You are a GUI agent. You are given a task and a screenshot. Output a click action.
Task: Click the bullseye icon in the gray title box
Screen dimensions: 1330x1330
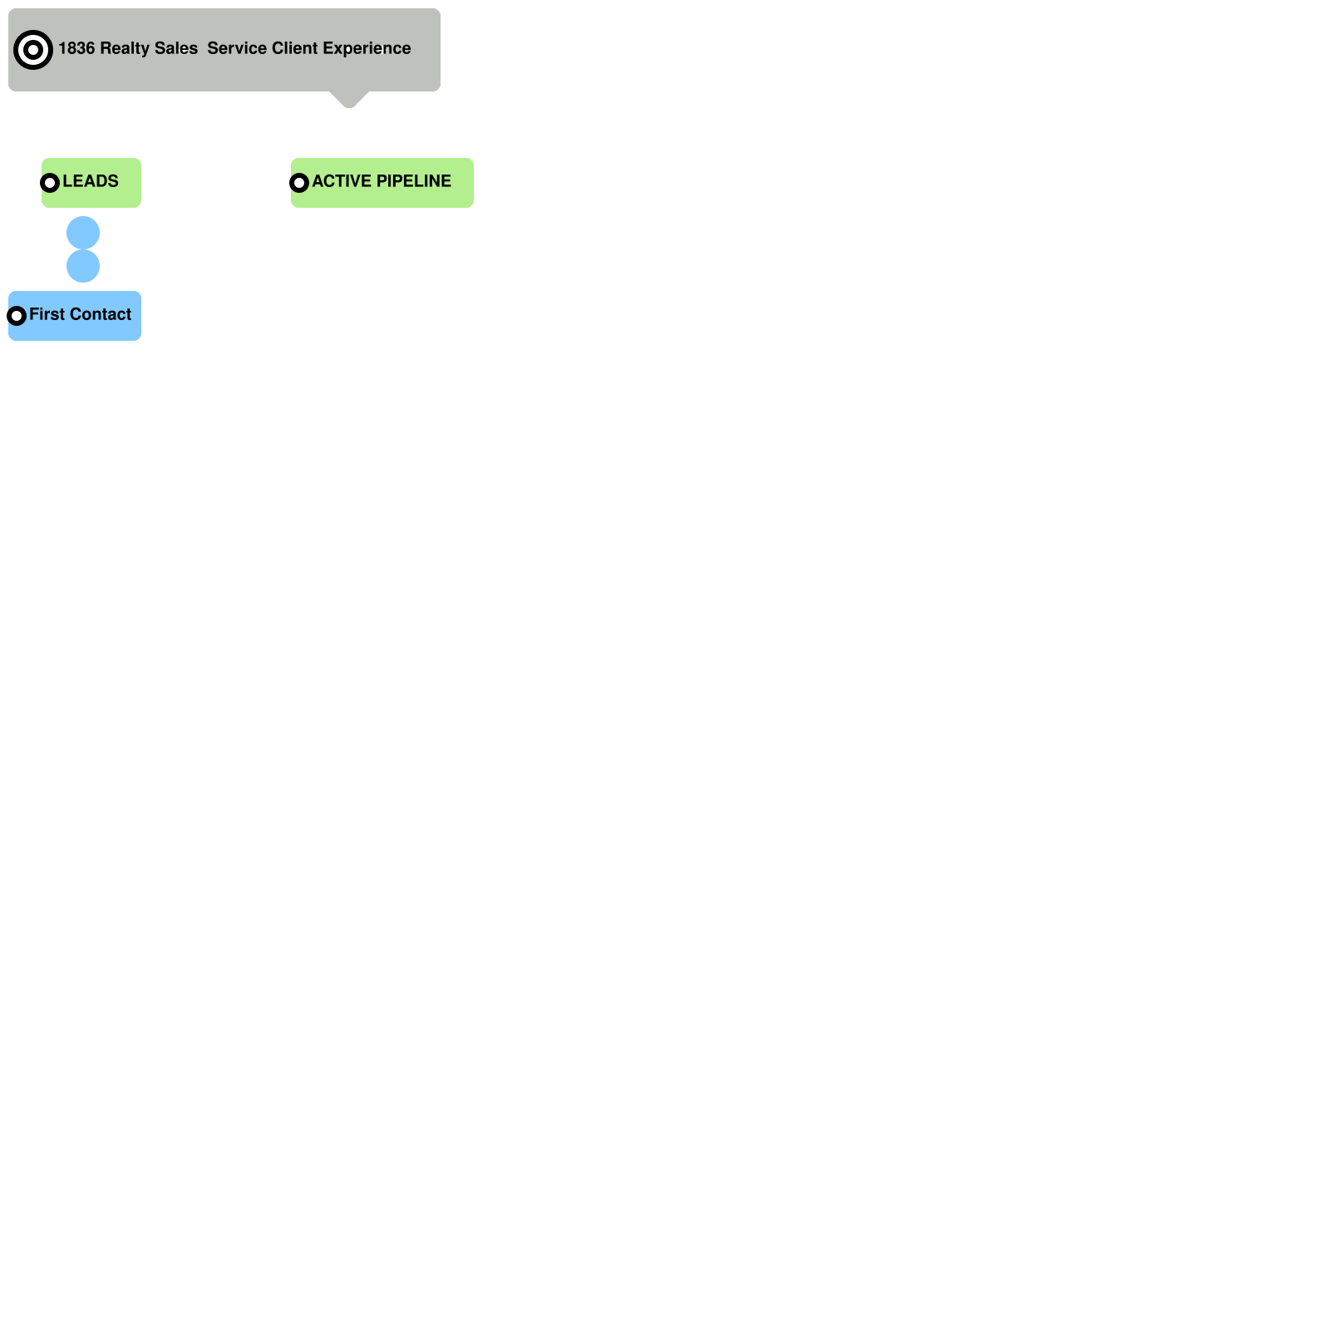pyautogui.click(x=33, y=50)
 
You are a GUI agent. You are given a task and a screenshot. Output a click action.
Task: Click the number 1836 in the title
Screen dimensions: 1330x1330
pyautogui.click(x=76, y=48)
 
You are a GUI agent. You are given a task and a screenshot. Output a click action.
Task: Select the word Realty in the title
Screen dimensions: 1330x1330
pyautogui.click(x=125, y=48)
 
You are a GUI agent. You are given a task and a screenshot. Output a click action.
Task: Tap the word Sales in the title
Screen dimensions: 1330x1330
pyautogui.click(x=176, y=48)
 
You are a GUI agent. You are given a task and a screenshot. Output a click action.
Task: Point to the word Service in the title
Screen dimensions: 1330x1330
pyautogui.click(x=237, y=48)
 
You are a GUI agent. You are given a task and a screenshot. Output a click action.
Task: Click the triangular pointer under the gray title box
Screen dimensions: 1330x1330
pyautogui.click(x=349, y=99)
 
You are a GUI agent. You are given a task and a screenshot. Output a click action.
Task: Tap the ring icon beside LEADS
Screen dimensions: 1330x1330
pyautogui.click(x=50, y=183)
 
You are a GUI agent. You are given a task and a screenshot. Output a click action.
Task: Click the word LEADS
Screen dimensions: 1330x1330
pyautogui.click(x=91, y=181)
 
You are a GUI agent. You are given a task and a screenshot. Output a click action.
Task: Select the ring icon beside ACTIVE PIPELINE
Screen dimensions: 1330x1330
pyautogui.click(x=299, y=183)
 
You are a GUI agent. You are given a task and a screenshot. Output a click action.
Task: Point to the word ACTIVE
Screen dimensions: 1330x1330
pyautogui.click(x=342, y=181)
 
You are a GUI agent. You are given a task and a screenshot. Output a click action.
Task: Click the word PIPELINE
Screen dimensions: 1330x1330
pyautogui.click(x=414, y=181)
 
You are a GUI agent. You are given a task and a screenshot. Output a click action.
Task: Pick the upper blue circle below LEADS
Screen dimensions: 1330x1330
pyautogui.click(x=83, y=233)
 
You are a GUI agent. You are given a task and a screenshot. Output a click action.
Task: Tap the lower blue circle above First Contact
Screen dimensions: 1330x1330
pyautogui.click(x=83, y=266)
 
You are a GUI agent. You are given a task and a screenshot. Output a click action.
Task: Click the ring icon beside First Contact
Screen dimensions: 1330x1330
pyautogui.click(x=17, y=316)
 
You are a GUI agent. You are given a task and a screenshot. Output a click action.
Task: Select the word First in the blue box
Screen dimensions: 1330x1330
pyautogui.click(x=47, y=314)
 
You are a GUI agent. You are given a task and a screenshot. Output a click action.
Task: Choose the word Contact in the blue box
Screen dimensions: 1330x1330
pyautogui.click(x=101, y=314)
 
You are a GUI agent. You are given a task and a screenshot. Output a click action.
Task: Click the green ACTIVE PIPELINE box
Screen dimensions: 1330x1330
pyautogui.click(x=382, y=198)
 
